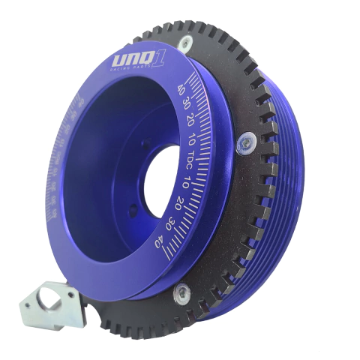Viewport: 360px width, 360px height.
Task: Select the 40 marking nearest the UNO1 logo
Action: pos(180,88)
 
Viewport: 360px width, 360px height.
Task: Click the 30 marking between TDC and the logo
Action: pos(185,105)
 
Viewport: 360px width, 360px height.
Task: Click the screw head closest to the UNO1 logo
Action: pos(184,45)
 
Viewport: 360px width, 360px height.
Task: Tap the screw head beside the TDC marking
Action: pos(245,141)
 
